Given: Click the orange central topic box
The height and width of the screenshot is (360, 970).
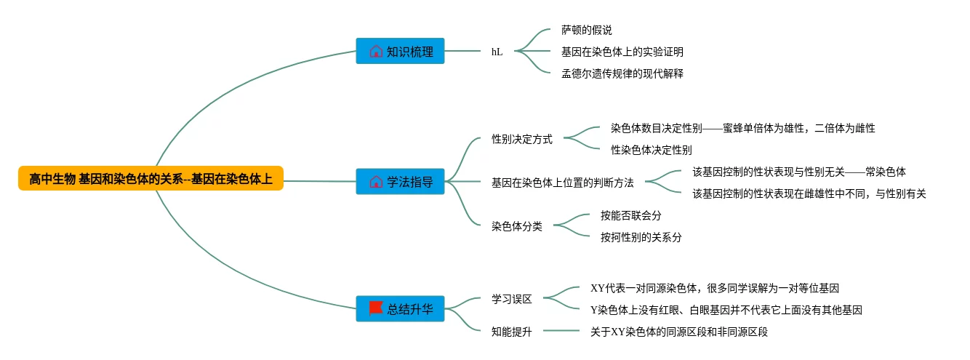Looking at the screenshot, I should (151, 178).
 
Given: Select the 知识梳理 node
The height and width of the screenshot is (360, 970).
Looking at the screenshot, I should (400, 51).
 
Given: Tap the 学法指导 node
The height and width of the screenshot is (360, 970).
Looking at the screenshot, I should (400, 181).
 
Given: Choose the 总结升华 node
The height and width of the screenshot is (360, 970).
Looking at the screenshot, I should (400, 308).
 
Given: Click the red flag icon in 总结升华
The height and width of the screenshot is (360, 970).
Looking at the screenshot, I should (376, 308).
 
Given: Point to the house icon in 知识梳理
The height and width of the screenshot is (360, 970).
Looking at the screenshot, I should (376, 52).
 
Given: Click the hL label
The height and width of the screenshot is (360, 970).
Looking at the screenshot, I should (497, 52).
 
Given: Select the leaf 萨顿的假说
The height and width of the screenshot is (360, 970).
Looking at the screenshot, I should (586, 31).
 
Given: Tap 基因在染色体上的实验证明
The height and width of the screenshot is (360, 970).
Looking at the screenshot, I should (622, 52).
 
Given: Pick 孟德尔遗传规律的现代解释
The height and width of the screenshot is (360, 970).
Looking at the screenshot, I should (622, 73).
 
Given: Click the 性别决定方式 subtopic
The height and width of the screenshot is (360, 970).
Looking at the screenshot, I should (521, 139).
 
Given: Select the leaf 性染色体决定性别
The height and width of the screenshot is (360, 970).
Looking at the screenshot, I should (651, 150).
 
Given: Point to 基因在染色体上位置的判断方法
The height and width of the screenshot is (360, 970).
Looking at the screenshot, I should (562, 183).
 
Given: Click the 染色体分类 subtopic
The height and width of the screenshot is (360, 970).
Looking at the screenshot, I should (516, 225).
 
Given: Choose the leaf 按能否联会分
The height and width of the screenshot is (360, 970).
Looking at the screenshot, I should (630, 215).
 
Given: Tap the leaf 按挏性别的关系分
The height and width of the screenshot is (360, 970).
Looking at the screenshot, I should (641, 237).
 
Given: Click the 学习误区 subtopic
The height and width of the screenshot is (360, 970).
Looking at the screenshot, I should (511, 299).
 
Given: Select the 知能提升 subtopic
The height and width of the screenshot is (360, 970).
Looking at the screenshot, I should (511, 332).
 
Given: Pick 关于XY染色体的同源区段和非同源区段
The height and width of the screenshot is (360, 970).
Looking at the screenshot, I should (679, 332).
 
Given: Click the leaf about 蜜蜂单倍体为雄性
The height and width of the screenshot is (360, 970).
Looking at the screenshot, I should (742, 128).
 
